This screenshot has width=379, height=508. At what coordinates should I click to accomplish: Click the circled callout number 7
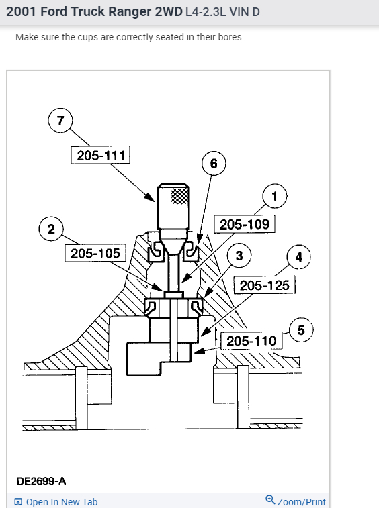60,121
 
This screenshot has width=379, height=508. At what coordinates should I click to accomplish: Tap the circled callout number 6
214,163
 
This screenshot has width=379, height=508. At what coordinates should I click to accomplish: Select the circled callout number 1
275,196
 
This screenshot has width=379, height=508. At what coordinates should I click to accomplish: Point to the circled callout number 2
51,229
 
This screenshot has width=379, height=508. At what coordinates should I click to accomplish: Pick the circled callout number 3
239,256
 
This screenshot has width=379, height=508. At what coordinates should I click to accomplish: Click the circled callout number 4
299,257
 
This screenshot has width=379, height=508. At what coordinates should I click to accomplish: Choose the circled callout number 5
301,330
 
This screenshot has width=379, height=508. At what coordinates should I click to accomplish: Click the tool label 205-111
101,155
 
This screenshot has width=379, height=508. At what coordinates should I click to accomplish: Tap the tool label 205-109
245,224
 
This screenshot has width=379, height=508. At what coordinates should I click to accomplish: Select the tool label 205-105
95,253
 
